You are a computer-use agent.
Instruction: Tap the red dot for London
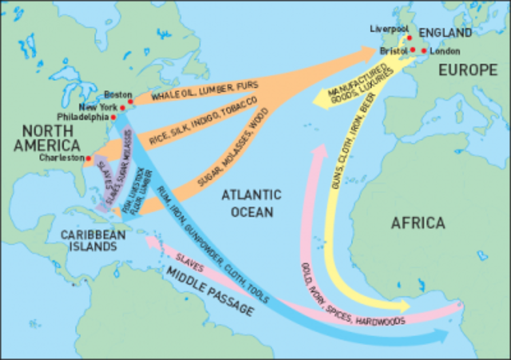(x=423, y=50)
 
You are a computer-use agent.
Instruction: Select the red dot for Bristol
(x=413, y=50)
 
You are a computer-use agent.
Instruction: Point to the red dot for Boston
(x=131, y=101)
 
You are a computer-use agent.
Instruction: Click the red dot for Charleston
(x=88, y=158)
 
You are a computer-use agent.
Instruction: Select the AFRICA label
(x=418, y=224)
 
